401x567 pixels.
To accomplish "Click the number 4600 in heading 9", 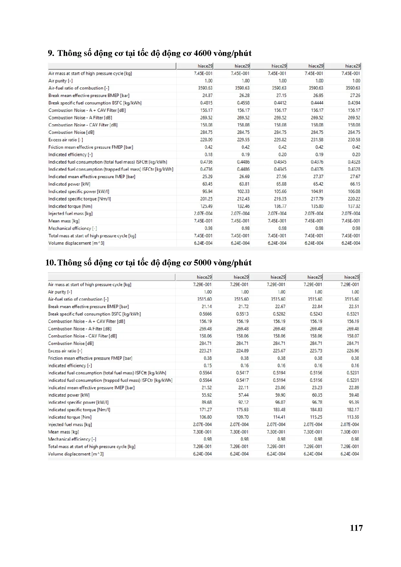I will pyautogui.click(x=204, y=53).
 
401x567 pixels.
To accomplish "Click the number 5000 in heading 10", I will pyautogui.click(x=204, y=263).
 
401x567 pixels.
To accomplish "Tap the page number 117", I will pyautogui.click(x=356, y=528).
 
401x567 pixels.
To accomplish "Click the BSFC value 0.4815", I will pyautogui.click(x=206, y=103).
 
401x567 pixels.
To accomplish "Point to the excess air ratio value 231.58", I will pyautogui.click(x=317, y=140).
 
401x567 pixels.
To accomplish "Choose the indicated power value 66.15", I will pyautogui.click(x=355, y=184).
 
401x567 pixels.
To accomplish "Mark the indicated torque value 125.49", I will pyautogui.click(x=206, y=206).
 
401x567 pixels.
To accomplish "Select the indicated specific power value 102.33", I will pyautogui.click(x=243, y=192).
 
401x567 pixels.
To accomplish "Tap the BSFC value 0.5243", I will pyautogui.click(x=316, y=314).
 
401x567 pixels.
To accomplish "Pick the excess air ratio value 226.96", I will pyautogui.click(x=353, y=351).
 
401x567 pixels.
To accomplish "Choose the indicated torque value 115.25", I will pyautogui.click(x=316, y=417).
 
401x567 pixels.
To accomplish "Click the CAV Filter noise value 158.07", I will pyautogui.click(x=353, y=336).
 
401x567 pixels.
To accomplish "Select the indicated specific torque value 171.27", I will pyautogui.click(x=206, y=410).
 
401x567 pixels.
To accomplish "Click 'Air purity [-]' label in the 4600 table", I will pyautogui.click(x=60, y=81).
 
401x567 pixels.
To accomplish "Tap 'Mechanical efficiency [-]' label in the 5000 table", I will pyautogui.click(x=72, y=439).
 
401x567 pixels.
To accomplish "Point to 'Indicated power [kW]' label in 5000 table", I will pyautogui.click(x=69, y=395).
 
